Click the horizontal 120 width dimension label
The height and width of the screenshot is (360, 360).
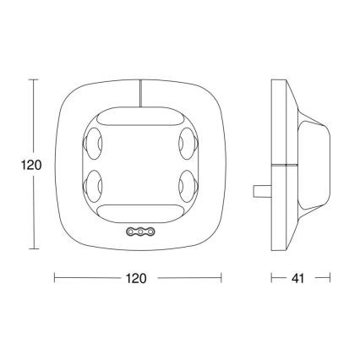point(137,277)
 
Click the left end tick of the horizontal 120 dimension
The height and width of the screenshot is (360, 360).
point(55,277)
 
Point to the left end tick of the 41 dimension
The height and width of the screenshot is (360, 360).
point(271,277)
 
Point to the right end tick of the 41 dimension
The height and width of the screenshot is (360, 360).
point(330,277)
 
